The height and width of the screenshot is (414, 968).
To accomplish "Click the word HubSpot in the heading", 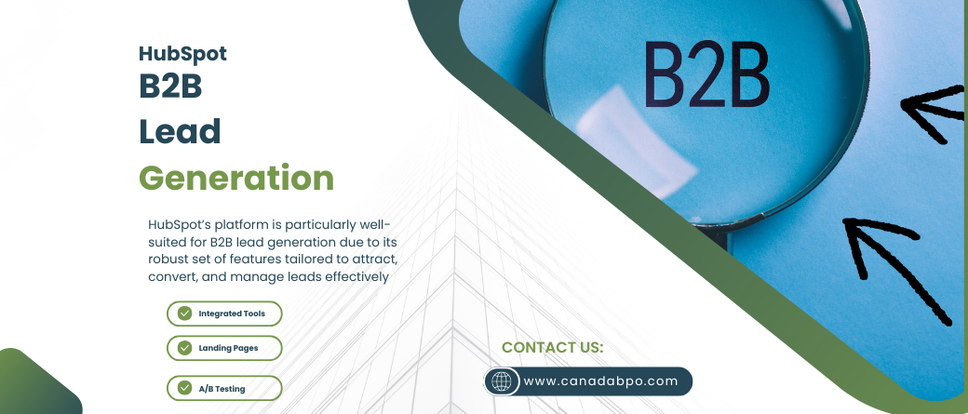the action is click(182, 54).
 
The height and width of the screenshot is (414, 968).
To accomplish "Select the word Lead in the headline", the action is click(180, 131).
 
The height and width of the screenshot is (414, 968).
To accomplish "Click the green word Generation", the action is click(236, 178).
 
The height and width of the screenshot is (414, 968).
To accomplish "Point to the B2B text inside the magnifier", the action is click(706, 74).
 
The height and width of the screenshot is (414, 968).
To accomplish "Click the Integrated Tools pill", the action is click(224, 314).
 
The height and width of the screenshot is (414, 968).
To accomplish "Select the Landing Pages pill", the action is click(224, 348).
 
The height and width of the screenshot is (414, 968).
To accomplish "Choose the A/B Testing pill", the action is click(224, 388).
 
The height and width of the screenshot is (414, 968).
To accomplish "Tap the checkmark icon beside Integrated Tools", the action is click(184, 314).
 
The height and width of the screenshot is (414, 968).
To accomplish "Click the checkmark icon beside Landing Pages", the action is click(184, 348).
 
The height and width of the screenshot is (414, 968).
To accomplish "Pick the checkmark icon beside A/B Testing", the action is click(184, 388).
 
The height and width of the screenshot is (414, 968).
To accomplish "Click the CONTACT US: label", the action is click(553, 347).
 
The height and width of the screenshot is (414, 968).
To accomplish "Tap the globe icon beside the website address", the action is click(502, 381).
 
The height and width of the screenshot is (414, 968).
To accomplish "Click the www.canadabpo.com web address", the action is click(600, 381).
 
